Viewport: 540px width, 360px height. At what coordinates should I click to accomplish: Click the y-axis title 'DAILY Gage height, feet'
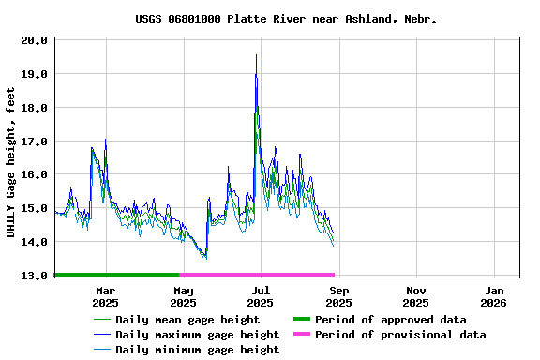click(10, 161)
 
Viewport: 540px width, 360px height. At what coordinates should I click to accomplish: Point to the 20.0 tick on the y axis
click(34, 40)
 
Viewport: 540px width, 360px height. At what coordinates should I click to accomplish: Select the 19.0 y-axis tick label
click(34, 74)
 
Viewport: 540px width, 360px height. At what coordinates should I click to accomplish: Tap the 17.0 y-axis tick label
click(34, 142)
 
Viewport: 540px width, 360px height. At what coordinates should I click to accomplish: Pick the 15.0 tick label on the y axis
click(34, 208)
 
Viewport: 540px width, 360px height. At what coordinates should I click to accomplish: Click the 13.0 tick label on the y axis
click(34, 276)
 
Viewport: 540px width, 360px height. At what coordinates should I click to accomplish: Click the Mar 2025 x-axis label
click(105, 296)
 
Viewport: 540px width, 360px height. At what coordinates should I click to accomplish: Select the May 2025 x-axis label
click(183, 296)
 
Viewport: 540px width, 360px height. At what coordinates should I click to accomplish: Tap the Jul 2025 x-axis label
click(261, 296)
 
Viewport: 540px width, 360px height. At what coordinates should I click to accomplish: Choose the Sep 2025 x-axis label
click(338, 296)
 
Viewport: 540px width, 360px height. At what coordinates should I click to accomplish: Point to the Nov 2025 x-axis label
click(416, 296)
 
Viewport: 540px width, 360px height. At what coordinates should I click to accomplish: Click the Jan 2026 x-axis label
click(493, 296)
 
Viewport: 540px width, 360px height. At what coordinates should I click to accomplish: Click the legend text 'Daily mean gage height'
click(187, 320)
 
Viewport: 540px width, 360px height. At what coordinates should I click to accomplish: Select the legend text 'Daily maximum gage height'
click(197, 335)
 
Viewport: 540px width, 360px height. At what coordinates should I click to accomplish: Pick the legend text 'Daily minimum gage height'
click(197, 350)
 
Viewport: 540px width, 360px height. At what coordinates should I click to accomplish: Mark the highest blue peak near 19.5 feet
click(256, 55)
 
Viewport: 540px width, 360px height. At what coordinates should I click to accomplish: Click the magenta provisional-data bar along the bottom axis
click(257, 275)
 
